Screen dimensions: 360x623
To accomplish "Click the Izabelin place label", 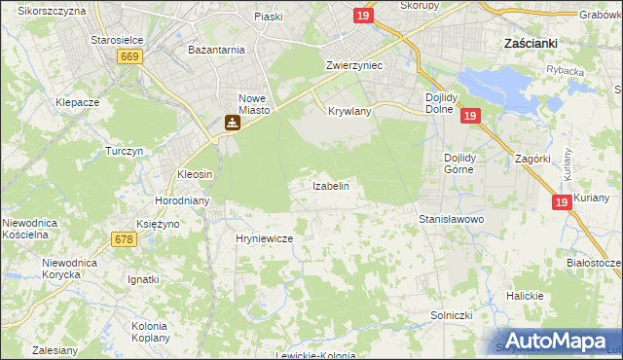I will click(330, 185).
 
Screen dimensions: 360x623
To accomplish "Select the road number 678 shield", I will click(124, 239).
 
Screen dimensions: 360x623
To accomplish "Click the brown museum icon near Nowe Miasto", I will click(232, 123).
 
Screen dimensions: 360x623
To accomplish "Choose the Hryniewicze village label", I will click(264, 237).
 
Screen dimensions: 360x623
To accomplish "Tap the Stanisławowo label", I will click(452, 220).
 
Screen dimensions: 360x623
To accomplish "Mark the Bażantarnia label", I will click(216, 48).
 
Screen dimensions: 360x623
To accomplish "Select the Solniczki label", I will click(452, 316).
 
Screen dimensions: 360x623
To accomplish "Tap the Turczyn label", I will click(125, 152).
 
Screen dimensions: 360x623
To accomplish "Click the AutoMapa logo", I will click(555, 340).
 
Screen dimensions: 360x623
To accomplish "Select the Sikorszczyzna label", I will click(51, 11).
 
